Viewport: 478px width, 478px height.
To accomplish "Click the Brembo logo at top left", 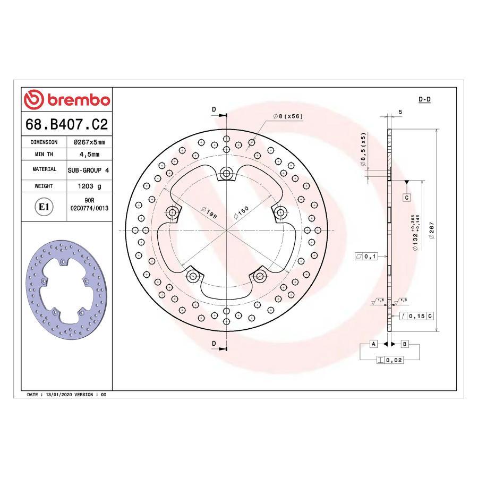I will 67,100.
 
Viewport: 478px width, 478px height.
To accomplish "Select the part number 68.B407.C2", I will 67,125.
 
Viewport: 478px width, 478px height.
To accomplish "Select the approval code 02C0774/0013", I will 89,209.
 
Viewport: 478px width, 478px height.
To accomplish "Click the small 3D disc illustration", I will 64,289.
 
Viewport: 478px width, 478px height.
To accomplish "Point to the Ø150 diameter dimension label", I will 242,213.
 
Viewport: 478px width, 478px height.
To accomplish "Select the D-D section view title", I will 424,99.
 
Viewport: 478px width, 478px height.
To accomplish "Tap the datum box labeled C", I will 406,198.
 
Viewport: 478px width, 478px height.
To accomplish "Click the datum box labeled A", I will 373,344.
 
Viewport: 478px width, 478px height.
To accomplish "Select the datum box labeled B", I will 405,344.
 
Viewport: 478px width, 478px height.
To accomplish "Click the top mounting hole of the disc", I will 227,173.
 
